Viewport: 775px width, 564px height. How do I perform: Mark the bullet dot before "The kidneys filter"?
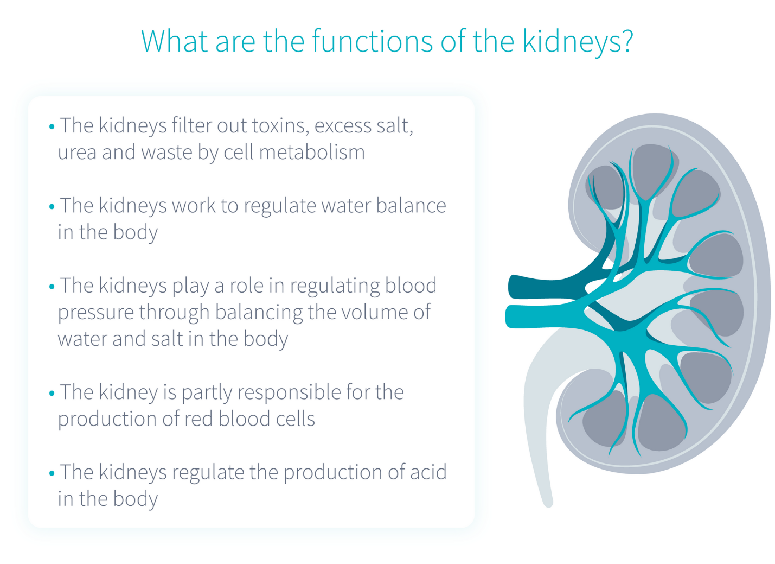click(x=52, y=126)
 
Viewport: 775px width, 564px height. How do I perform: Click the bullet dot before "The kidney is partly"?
click(x=52, y=394)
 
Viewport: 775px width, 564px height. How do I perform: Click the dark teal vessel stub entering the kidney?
click(x=540, y=287)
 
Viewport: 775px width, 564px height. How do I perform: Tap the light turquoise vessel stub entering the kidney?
click(x=540, y=316)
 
